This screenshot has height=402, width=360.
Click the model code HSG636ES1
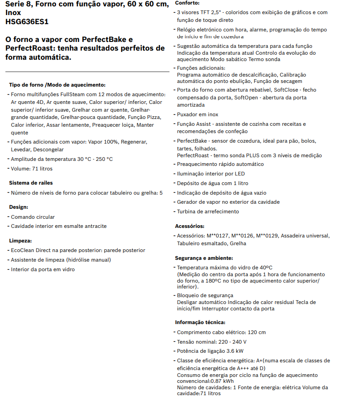(27, 21)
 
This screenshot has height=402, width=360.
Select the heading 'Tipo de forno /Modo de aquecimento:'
(57, 85)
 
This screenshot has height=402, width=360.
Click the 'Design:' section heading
(19, 207)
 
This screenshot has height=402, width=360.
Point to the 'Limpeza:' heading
(21, 240)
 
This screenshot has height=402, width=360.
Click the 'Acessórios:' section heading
(190, 226)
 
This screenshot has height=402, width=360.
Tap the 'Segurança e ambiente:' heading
(204, 258)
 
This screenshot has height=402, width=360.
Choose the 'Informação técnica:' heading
(200, 322)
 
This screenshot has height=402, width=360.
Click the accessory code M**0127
(218, 236)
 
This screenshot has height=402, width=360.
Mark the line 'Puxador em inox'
(198, 114)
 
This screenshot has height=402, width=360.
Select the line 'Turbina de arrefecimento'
(208, 211)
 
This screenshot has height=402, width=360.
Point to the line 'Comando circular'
(33, 217)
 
